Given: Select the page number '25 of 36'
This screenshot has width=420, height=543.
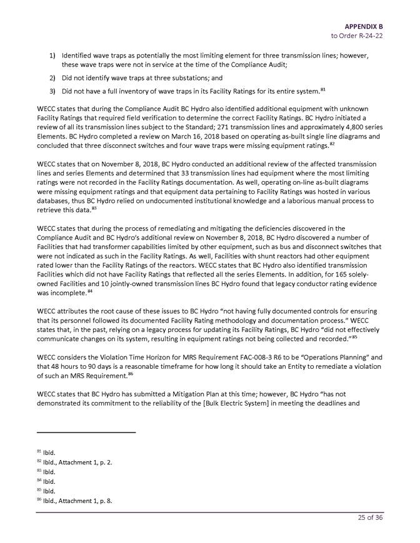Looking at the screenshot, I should point(369,524).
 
